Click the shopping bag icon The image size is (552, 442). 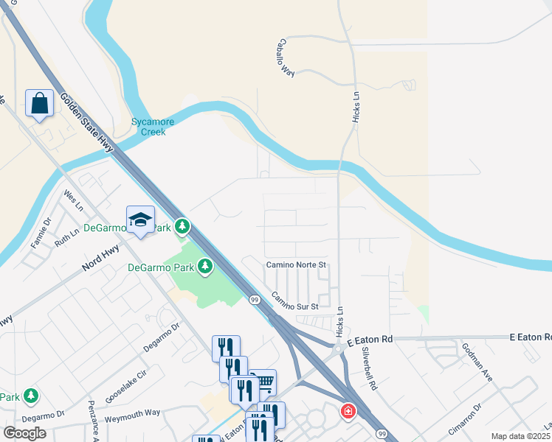(39, 103)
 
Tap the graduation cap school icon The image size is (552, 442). (140, 219)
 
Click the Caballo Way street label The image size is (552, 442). (286, 57)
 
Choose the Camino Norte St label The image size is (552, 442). (295, 264)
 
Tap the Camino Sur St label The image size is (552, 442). (294, 301)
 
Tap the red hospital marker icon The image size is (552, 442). (346, 410)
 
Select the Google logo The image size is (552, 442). (24, 432)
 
